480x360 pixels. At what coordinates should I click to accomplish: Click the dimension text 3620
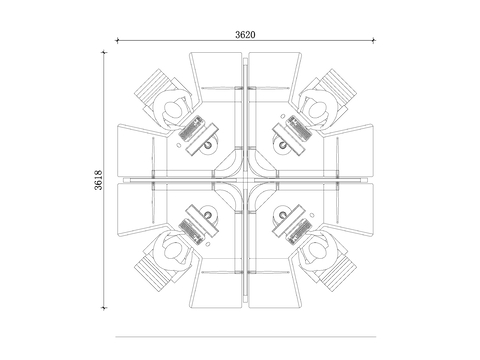point(245,35)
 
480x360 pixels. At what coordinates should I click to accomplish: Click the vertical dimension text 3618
point(99,180)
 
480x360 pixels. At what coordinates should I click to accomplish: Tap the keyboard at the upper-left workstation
point(191,128)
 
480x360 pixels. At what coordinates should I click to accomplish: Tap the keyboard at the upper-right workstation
point(300,128)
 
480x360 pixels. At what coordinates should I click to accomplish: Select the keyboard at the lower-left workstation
point(191,231)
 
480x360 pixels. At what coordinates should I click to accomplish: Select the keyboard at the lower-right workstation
point(300,231)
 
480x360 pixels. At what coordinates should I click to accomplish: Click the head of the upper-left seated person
point(174,109)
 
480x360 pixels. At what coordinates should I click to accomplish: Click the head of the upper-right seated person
point(317,109)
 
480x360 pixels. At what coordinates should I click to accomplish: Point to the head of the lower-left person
point(174,251)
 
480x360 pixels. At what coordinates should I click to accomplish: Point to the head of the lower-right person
point(317,251)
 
